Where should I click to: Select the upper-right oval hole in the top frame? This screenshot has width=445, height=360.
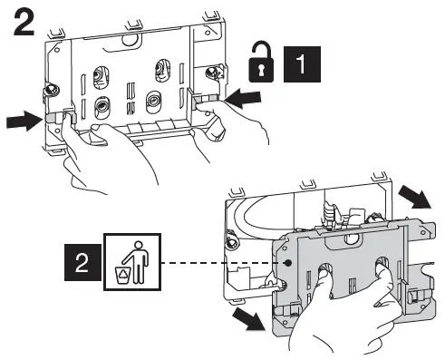(x=165, y=69)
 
